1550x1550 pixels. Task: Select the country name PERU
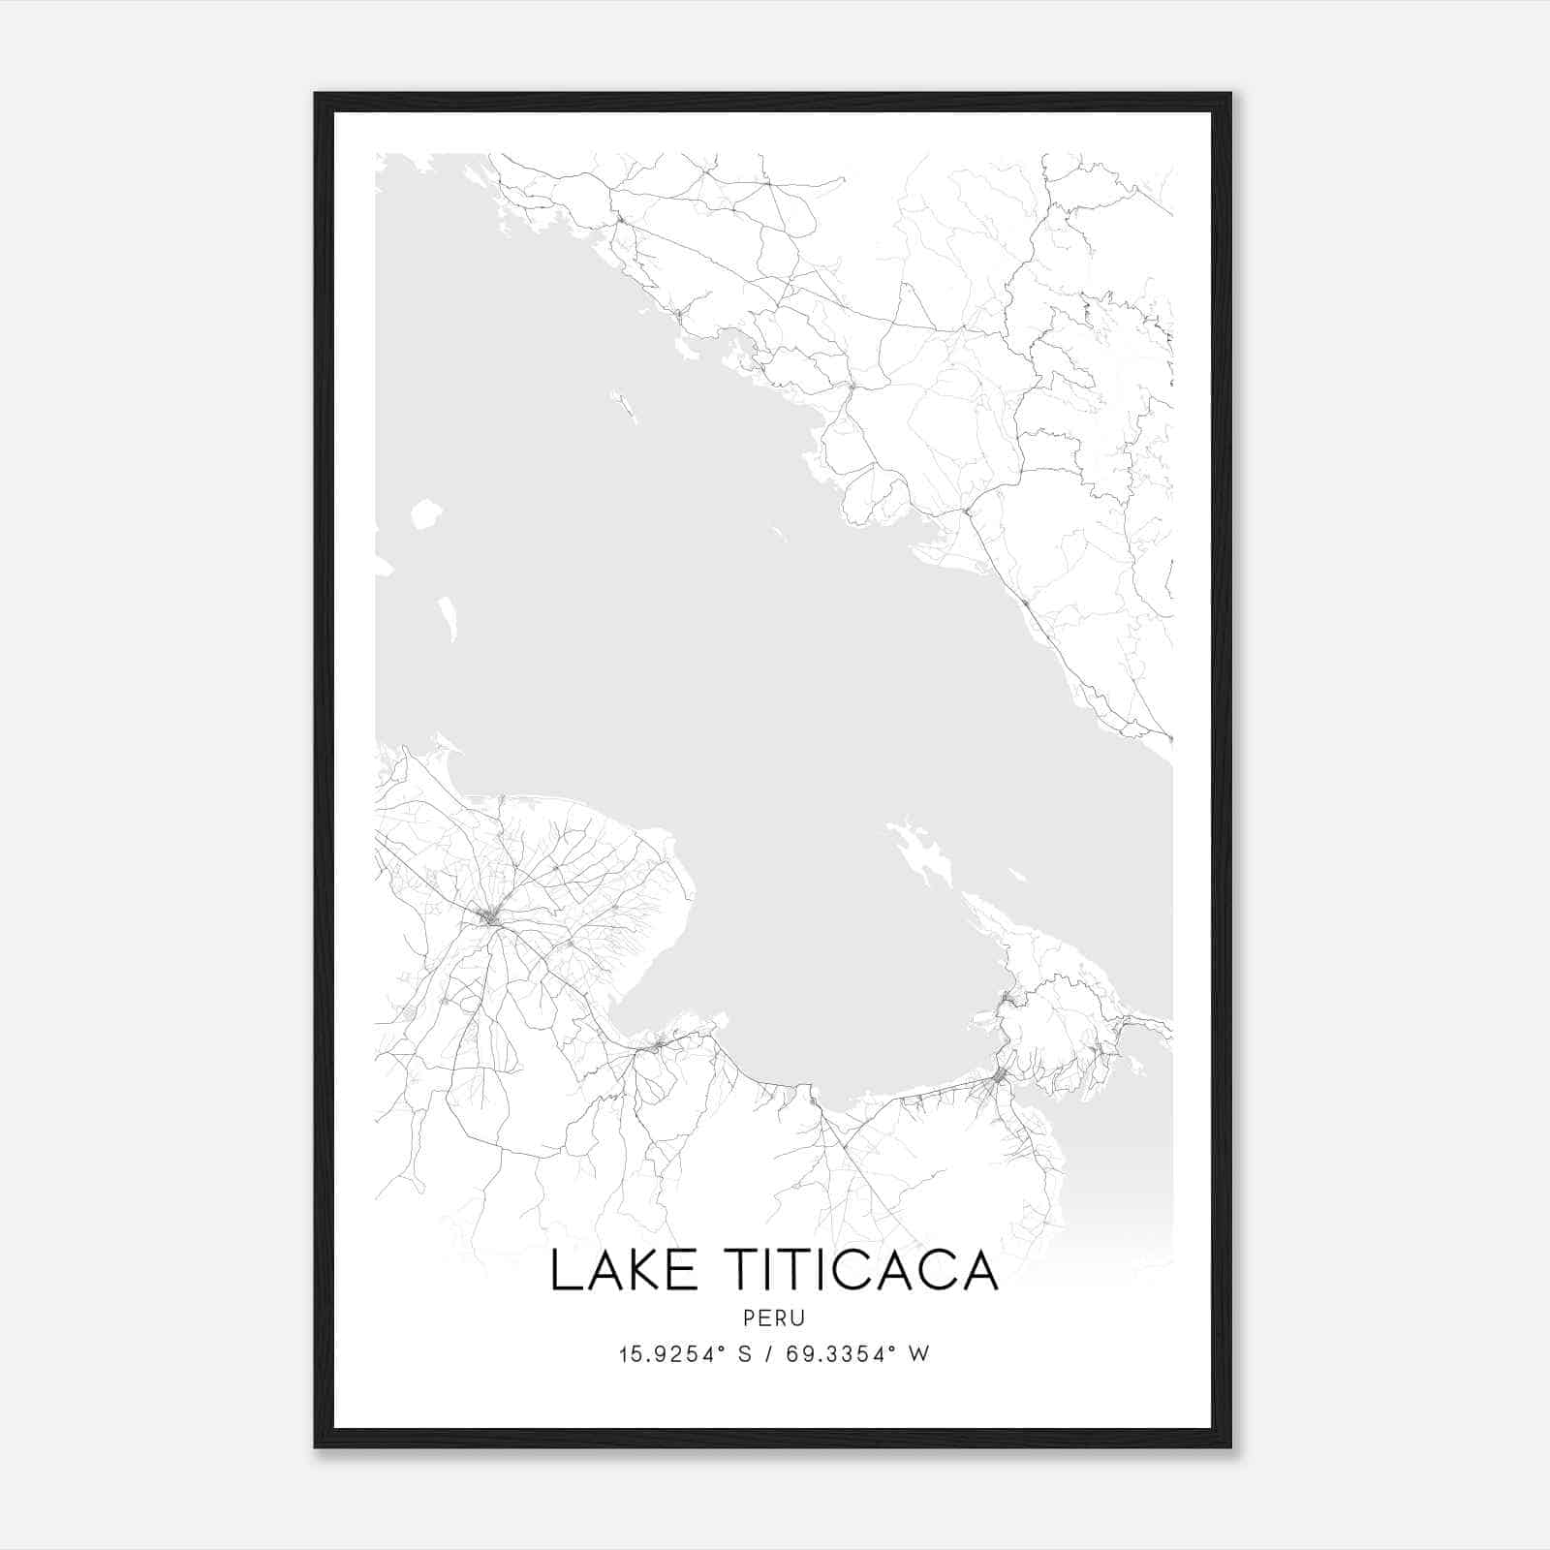tap(774, 1317)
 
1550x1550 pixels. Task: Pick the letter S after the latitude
tap(745, 1354)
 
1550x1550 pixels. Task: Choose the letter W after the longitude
tap(919, 1354)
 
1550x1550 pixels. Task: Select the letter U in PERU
tap(797, 1317)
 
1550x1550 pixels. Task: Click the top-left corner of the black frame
tap(317, 95)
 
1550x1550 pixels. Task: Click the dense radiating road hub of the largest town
tap(492, 915)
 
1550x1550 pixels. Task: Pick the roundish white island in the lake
tap(425, 514)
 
